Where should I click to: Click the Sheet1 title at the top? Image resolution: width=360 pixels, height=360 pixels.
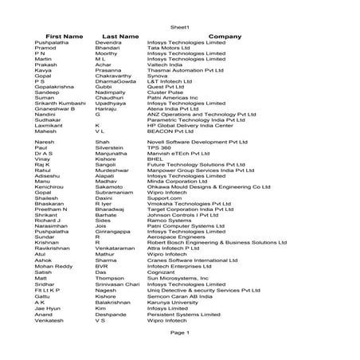click(179, 27)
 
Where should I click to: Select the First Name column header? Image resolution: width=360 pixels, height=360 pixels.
click(65, 37)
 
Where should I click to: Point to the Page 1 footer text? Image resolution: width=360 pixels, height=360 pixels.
click(179, 332)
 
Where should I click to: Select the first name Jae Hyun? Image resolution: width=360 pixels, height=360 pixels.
click(49, 309)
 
